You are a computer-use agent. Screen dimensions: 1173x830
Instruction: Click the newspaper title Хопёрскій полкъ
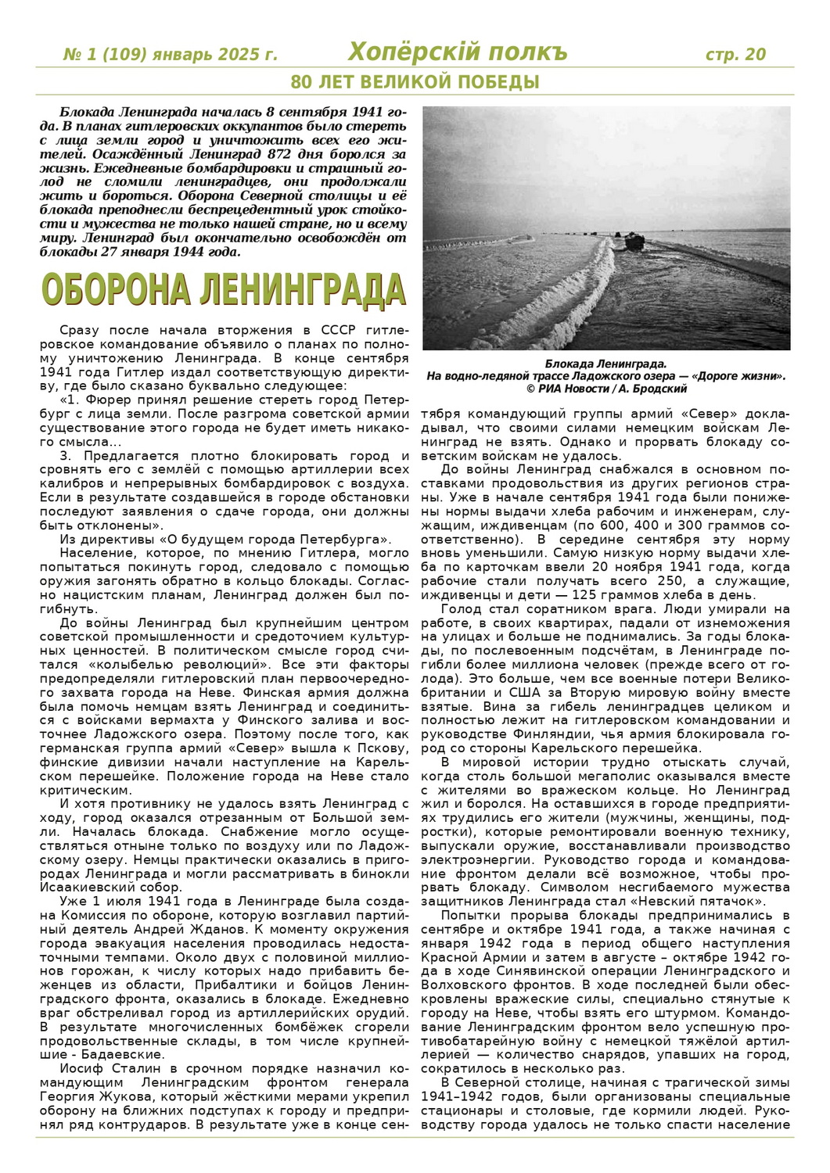point(458,52)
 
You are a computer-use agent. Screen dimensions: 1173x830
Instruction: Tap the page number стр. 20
point(735,54)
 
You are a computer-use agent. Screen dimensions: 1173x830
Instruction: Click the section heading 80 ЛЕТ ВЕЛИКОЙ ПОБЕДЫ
point(415,82)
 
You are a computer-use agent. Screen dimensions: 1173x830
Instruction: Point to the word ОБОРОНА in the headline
point(117,291)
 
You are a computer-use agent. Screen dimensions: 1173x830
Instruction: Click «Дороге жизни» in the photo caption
point(736,376)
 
